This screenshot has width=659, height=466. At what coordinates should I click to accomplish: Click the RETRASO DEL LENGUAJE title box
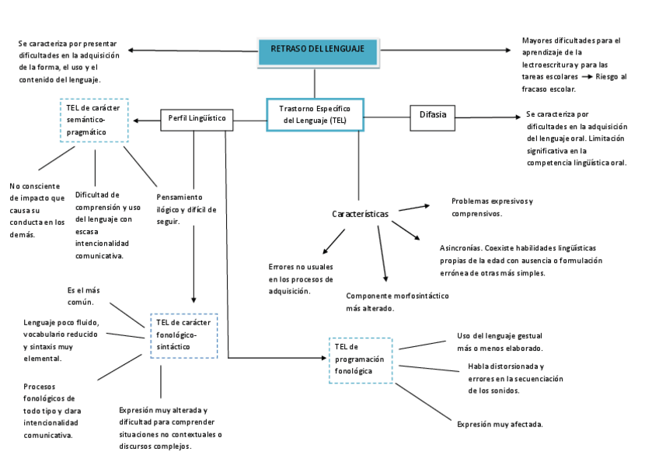(317, 51)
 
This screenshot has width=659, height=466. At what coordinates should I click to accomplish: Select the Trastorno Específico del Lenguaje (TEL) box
(315, 114)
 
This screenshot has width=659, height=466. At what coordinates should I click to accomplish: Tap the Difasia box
(432, 115)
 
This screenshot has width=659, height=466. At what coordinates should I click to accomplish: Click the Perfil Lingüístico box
(197, 119)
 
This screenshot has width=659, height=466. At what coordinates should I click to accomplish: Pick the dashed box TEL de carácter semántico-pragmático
(94, 120)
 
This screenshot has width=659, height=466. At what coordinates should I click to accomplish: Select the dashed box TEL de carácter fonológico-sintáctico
(183, 335)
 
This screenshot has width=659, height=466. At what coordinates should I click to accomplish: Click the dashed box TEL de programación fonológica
(361, 359)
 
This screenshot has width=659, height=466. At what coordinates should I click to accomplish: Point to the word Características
(360, 214)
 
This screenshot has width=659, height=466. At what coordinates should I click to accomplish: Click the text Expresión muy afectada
(500, 425)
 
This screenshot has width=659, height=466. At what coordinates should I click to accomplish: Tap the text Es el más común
(83, 296)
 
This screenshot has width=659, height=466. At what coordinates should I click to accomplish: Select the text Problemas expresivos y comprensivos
(491, 207)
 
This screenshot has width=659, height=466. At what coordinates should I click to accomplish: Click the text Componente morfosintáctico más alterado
(397, 302)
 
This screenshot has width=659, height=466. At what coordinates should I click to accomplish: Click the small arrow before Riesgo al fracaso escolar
(588, 78)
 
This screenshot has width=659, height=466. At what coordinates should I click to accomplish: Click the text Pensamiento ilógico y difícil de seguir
(186, 209)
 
